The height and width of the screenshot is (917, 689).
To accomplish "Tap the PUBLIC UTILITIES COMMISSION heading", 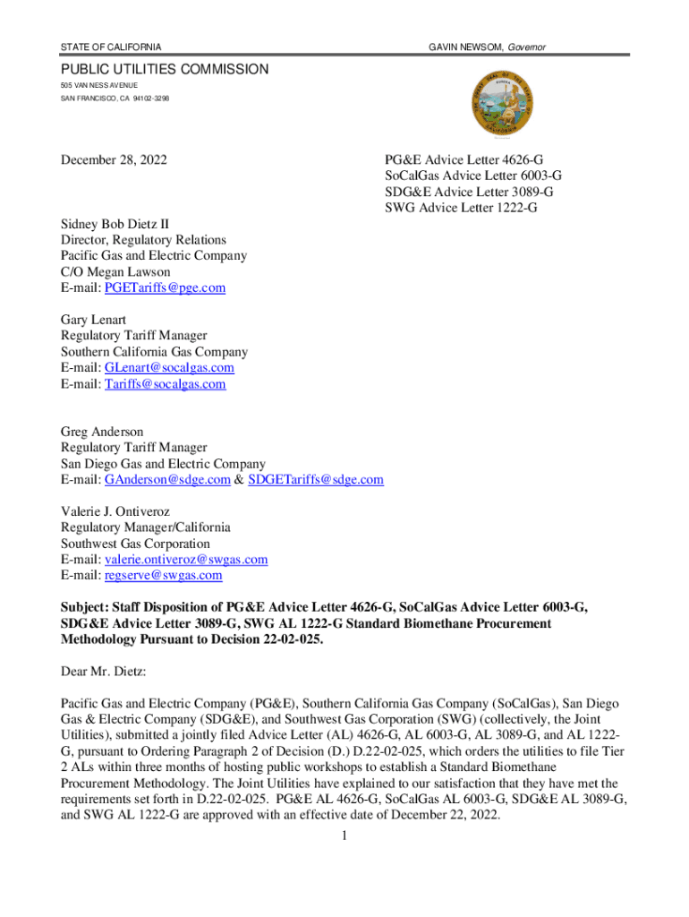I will (x=164, y=69).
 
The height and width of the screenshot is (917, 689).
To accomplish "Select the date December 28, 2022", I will (x=113, y=160).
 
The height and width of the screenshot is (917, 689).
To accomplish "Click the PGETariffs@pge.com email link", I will (x=165, y=287).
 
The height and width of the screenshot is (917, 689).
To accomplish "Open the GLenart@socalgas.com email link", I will (x=169, y=367).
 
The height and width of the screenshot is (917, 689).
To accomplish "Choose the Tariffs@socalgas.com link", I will (x=165, y=383).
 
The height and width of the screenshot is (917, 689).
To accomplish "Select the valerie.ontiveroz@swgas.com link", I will (x=186, y=559).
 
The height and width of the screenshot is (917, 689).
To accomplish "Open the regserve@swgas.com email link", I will (x=163, y=575).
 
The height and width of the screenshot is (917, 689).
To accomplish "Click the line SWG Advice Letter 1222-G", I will (x=462, y=209).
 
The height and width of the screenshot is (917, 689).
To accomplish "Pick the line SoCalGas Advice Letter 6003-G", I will (x=472, y=176).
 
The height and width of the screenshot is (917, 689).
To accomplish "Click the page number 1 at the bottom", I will (x=344, y=836).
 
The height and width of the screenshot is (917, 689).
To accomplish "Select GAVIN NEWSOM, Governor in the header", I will (x=487, y=47).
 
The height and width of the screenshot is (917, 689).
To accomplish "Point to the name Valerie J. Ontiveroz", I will (x=123, y=511).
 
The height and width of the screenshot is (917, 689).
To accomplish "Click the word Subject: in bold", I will (x=88, y=607).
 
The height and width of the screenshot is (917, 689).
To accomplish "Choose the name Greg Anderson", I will (x=102, y=432).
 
